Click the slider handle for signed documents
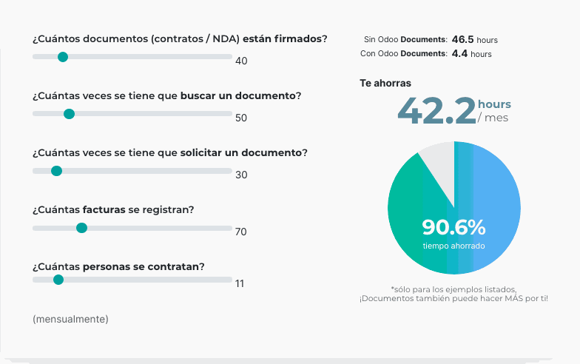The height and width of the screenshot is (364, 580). pos(63,57)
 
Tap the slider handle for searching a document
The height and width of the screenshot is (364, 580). pos(69,114)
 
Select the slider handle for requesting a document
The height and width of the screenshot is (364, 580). pos(56,171)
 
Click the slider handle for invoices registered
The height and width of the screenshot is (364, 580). pos(81,228)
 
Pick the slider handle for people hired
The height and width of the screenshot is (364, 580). pos(58,280)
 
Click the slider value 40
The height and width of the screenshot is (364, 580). pos(241,61)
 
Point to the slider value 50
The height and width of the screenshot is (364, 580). pos(241,118)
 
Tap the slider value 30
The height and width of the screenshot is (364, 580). pos(241,175)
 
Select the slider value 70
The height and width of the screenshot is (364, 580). pos(240,232)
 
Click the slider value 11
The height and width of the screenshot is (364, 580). pos(240,283)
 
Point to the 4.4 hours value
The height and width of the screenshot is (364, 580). pos(459,54)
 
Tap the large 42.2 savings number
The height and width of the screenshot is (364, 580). pos(436,111)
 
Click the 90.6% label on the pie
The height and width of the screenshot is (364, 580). pos(453,226)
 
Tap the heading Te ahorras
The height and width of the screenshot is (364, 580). pos(385,84)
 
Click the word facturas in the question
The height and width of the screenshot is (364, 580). pos(104,209)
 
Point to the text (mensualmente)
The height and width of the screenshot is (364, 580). pos(70,319)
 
